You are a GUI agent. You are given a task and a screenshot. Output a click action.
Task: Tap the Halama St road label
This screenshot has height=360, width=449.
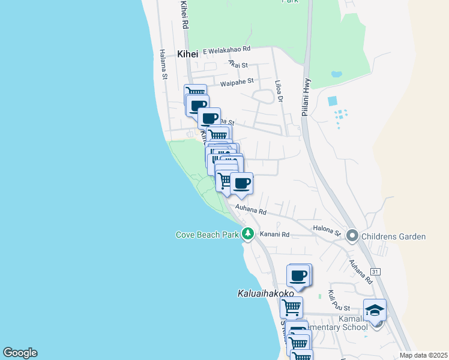pos(163,64)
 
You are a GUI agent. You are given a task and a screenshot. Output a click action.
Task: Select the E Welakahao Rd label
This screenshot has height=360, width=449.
pos(226,51)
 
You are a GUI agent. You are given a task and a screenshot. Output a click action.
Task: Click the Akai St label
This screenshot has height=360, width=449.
pos(238,65)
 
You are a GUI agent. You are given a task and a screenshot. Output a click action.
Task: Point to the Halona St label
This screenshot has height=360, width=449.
pos(327,230)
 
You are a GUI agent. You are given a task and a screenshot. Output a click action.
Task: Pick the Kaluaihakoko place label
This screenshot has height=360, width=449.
pos(265,294)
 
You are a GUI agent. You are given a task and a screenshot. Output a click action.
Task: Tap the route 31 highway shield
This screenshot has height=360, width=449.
pos(375,272)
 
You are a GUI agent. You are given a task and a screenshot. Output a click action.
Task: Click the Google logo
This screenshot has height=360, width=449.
pos(20,353)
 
